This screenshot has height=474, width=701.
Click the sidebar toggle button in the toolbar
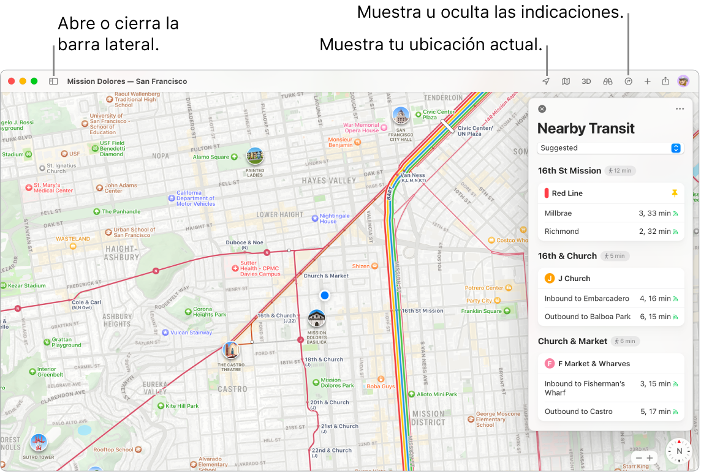[53, 81]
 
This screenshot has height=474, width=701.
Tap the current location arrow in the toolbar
[546, 81]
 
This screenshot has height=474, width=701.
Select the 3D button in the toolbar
[586, 81]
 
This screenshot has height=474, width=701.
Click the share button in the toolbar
[665, 81]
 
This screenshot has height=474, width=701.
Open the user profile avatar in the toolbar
[683, 81]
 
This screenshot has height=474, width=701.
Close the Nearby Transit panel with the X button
[542, 109]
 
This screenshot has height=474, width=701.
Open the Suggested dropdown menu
[610, 148]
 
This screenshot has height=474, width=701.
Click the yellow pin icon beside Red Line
[675, 193]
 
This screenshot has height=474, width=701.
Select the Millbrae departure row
[610, 213]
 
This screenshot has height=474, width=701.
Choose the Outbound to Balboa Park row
[610, 317]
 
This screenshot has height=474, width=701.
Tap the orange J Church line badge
[550, 279]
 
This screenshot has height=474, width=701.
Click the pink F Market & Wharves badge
[550, 364]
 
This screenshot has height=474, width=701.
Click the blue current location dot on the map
[325, 295]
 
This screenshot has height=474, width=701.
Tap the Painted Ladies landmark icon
[255, 157]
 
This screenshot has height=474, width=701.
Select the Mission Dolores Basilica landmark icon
[317, 318]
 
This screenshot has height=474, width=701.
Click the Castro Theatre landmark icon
[231, 351]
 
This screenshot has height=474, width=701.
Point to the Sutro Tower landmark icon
[39, 442]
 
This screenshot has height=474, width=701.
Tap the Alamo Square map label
[211, 157]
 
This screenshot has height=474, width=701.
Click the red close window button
[11, 81]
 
